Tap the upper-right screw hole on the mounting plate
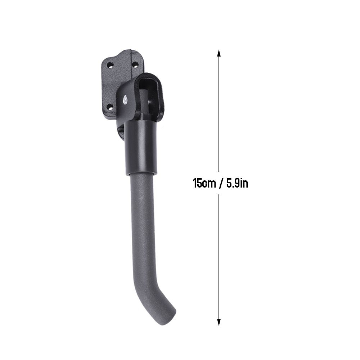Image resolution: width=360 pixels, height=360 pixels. coord(136,65)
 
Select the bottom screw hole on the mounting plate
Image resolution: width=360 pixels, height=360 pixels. coord(111,107)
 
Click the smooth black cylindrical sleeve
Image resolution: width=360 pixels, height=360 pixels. coord(141,148)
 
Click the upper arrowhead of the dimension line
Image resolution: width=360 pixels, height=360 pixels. coord(219,54)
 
